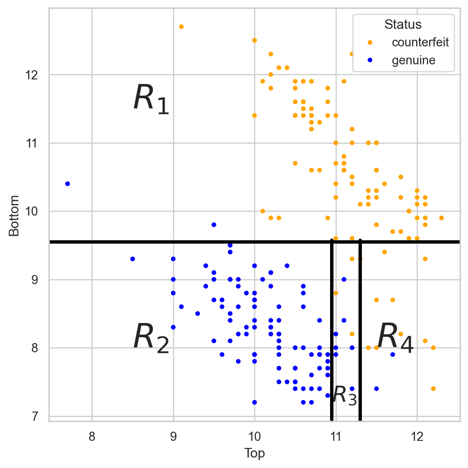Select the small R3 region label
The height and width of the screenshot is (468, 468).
[x=345, y=395]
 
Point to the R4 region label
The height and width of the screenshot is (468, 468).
[x=395, y=338]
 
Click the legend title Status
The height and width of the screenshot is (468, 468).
[x=403, y=24]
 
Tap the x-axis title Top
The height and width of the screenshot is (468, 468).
[x=254, y=453]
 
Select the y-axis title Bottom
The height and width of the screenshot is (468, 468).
[x=14, y=216]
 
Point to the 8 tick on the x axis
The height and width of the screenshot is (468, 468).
[x=92, y=437]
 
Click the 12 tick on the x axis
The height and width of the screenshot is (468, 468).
[x=417, y=437]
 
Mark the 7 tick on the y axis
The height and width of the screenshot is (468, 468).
[x=35, y=416]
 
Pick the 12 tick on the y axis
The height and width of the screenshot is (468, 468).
[x=32, y=75]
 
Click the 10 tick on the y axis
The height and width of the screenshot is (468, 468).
[x=32, y=211]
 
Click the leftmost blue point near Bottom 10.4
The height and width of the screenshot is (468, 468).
[x=68, y=184]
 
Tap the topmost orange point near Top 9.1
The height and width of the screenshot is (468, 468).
[x=181, y=27]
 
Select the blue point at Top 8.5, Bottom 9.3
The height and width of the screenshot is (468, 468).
[x=132, y=259]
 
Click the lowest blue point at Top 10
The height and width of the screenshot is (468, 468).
[x=254, y=402]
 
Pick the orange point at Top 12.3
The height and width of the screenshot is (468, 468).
[x=441, y=218]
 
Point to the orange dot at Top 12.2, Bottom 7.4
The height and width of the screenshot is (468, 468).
[x=433, y=389]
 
